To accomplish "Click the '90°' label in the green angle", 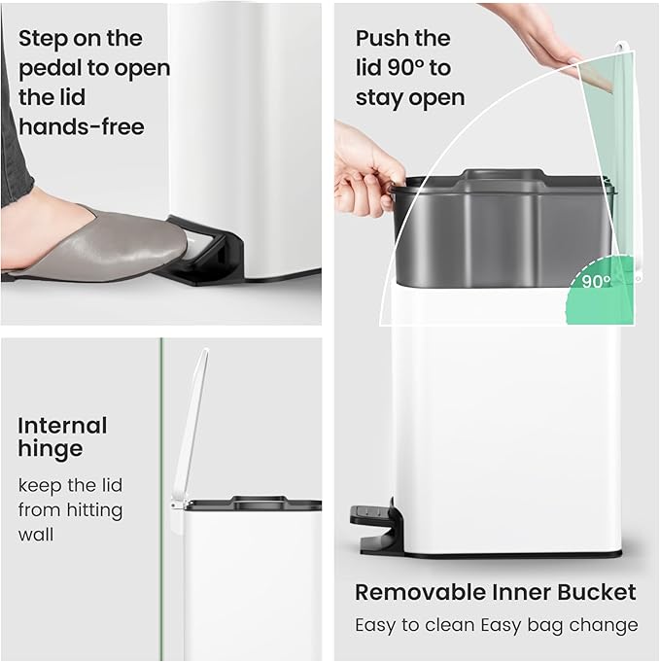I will tap(596, 282).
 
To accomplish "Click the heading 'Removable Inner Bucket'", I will tap(495, 592).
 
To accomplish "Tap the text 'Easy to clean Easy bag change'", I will tap(495, 625).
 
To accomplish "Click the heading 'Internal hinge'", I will tap(62, 437).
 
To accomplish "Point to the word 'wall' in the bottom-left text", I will tap(36, 534).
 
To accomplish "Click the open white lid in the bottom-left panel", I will tap(191, 428).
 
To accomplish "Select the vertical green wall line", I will tap(161, 486).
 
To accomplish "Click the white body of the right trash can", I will tap(505, 418).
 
